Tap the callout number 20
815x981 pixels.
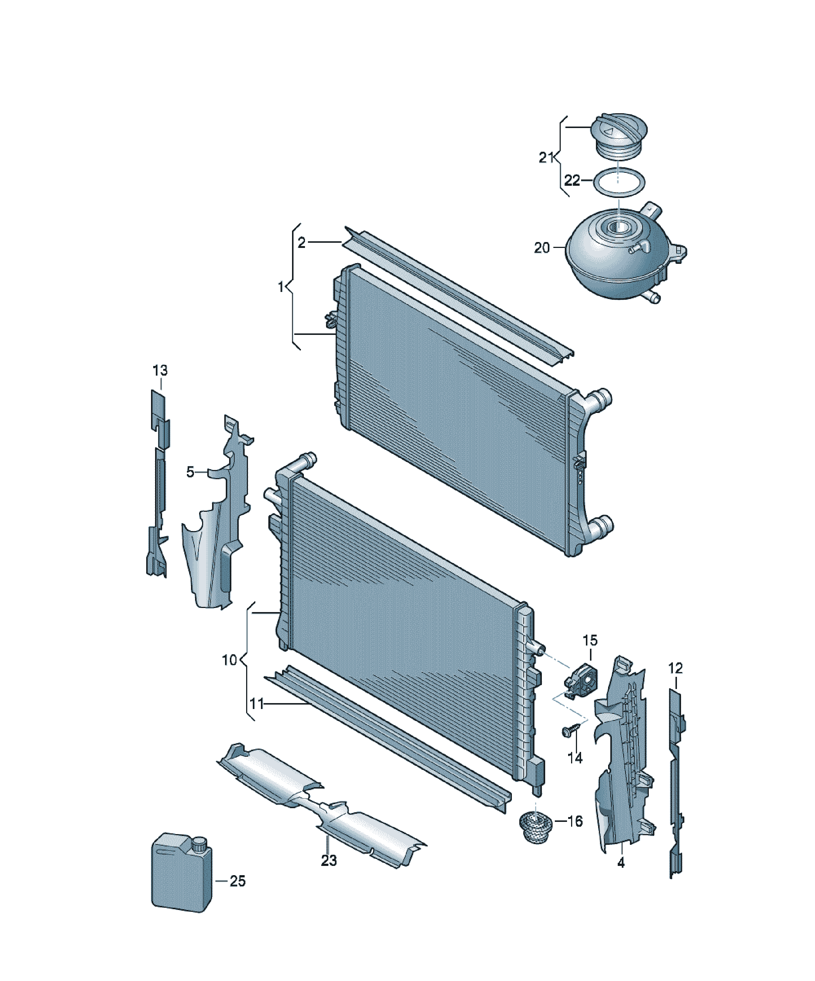(542, 248)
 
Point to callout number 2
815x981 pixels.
(301, 242)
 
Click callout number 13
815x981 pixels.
(160, 370)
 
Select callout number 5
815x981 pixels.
(190, 472)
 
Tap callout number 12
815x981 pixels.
(675, 668)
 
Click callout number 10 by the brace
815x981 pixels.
(229, 660)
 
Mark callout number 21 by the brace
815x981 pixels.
(546, 158)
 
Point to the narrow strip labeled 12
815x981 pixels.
(676, 785)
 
